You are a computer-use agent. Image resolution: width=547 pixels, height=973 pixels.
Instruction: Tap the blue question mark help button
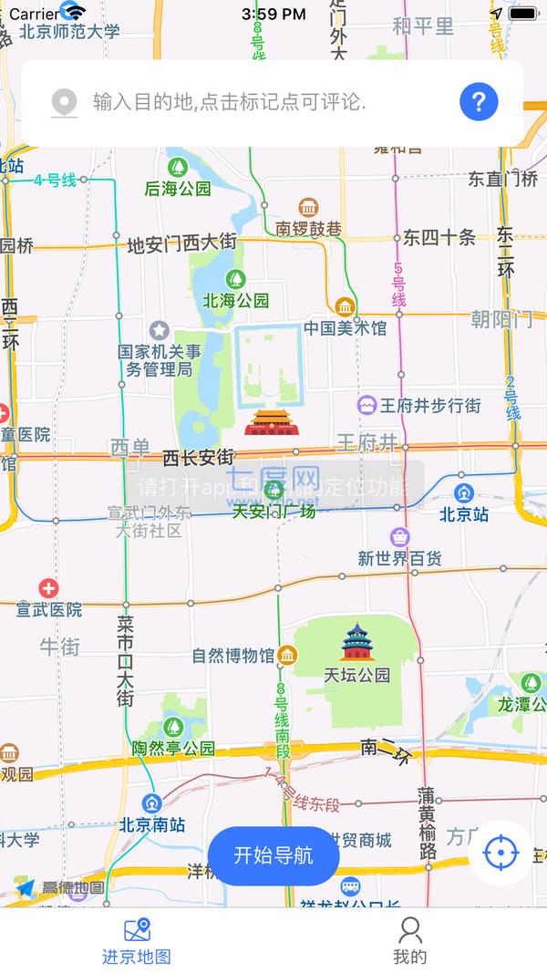tap(479, 101)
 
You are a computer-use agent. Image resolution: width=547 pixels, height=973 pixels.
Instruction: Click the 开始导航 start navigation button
tap(273, 855)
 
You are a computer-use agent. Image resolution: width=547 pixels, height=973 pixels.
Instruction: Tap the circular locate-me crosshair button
tap(500, 853)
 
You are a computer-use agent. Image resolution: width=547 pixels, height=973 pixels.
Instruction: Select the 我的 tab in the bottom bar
tap(410, 940)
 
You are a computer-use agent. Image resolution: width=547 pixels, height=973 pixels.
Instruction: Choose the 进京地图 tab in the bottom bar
tap(137, 940)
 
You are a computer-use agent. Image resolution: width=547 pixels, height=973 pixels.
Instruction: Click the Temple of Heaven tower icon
tap(356, 642)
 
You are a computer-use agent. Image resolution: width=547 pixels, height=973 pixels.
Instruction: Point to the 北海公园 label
tap(236, 300)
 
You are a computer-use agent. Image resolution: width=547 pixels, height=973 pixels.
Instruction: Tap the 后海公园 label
tap(178, 189)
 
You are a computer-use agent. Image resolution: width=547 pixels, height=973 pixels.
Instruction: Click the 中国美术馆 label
tap(345, 327)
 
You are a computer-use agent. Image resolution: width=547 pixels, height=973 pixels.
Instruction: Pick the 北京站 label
tap(464, 514)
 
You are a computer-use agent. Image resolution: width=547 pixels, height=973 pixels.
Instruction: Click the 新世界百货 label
tap(399, 558)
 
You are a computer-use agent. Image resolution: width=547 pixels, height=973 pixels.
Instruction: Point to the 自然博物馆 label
tap(233, 656)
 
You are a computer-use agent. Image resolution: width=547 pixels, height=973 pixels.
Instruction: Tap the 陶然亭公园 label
tap(173, 749)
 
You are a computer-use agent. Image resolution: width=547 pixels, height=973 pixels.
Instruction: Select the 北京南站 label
tap(152, 824)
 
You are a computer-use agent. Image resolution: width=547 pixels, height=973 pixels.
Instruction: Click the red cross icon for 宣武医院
tap(48, 589)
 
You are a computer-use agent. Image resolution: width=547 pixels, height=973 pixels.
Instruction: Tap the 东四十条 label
tap(439, 238)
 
